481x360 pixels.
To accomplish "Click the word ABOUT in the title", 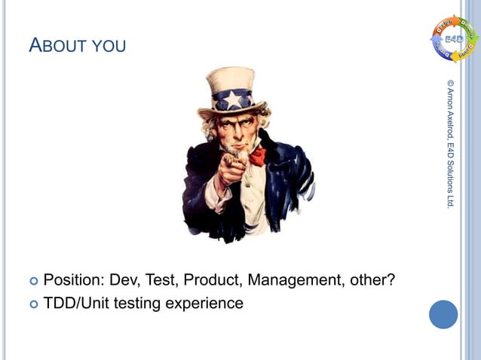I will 58,47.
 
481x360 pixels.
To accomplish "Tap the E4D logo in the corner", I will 455,38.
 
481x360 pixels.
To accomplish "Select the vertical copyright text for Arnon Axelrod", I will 450,143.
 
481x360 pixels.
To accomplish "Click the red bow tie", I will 259,157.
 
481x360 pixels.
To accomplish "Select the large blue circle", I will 443,314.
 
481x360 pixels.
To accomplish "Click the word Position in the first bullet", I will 74,282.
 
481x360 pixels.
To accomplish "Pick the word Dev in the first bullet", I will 126,282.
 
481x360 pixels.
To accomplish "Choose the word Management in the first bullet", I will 296,282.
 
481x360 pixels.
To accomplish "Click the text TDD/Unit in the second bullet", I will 75,304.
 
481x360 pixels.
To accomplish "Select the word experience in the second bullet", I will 204,304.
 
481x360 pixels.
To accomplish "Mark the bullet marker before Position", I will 32,282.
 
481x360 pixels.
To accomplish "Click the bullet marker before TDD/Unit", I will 32,304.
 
